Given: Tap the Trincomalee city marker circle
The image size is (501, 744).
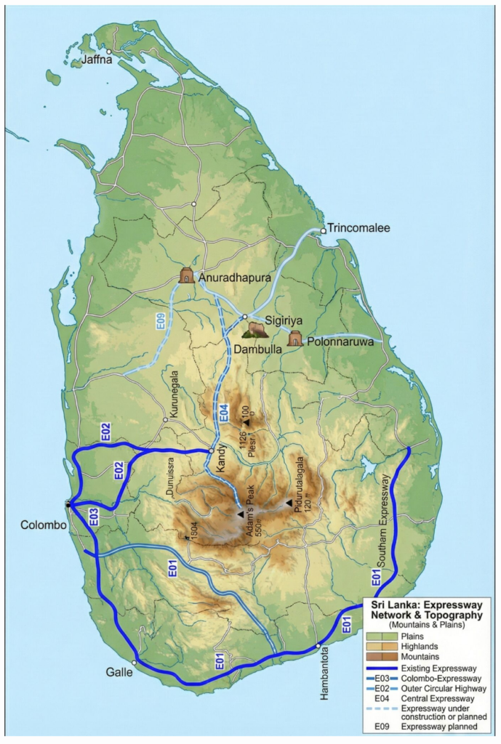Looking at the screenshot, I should (324, 231).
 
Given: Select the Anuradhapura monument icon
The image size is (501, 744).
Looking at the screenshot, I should (188, 276).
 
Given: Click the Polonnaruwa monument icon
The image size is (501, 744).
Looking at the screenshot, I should (295, 339).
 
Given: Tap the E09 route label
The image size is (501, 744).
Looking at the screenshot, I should (161, 321).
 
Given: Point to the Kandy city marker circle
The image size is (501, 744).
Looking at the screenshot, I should (212, 451).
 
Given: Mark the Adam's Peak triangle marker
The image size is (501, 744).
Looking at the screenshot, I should (240, 514).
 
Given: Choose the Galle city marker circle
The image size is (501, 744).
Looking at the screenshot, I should (135, 663).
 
